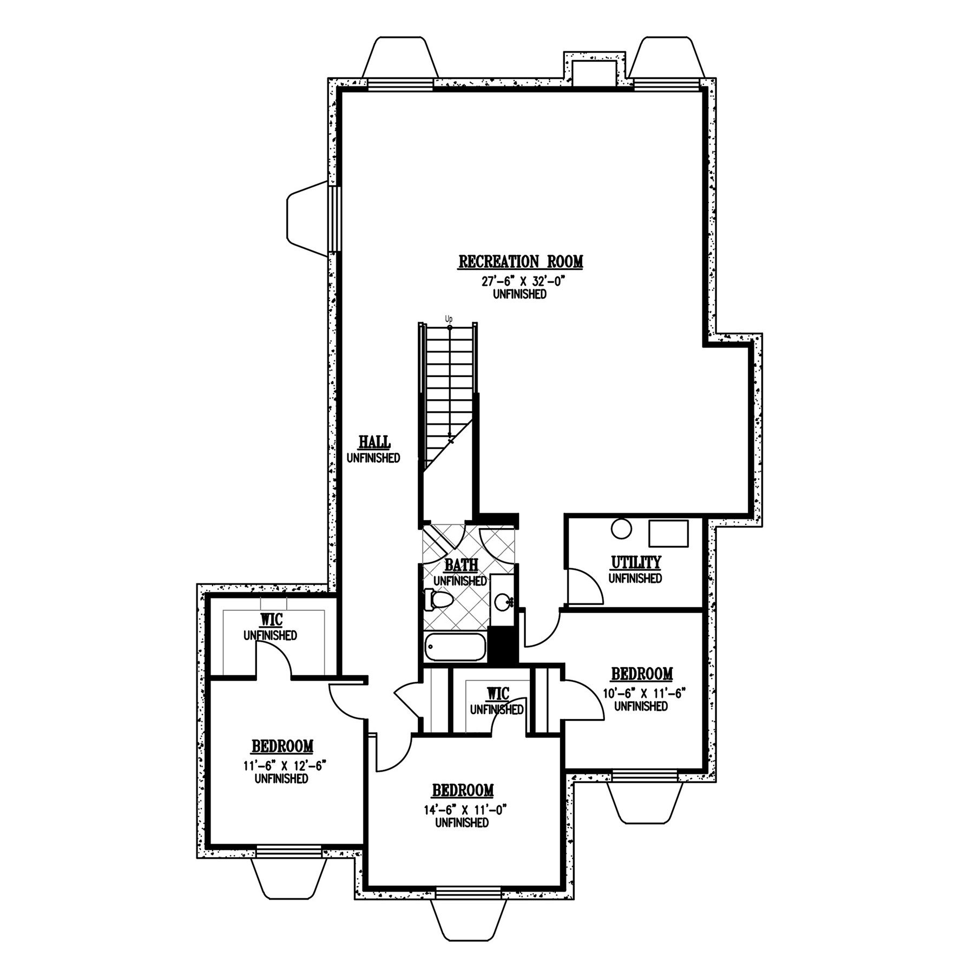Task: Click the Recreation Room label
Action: click(521, 262)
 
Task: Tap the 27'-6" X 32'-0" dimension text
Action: click(520, 282)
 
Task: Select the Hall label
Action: click(375, 442)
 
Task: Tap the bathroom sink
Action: click(502, 600)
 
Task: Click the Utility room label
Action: click(636, 563)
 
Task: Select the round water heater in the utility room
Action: click(621, 529)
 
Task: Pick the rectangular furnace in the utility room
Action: click(668, 534)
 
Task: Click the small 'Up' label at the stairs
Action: click(449, 319)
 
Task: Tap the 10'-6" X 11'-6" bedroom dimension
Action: click(641, 694)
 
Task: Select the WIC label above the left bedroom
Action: click(270, 619)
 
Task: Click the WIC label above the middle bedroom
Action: click(497, 693)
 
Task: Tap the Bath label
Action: click(461, 565)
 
